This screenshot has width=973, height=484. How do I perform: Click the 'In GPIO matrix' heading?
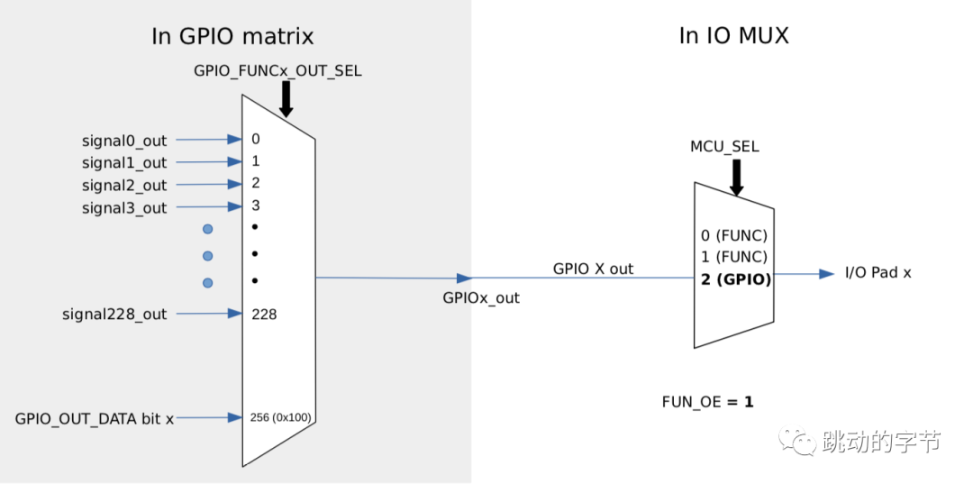(x=232, y=37)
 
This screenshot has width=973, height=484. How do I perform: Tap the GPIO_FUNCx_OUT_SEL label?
(x=277, y=69)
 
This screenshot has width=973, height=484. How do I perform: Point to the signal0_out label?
(x=124, y=141)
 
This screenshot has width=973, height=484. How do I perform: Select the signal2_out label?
(x=124, y=185)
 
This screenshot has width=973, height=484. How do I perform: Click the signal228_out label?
(x=114, y=315)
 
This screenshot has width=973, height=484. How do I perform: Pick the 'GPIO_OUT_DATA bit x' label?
(x=94, y=419)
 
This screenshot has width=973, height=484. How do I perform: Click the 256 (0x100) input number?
(x=281, y=418)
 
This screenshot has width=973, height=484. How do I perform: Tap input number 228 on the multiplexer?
(x=265, y=315)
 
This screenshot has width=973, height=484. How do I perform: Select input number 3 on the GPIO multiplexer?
(x=256, y=205)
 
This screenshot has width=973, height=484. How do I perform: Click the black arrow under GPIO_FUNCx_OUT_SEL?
(x=286, y=98)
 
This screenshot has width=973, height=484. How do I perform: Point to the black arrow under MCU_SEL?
(x=736, y=177)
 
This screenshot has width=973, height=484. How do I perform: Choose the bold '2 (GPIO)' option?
(x=736, y=279)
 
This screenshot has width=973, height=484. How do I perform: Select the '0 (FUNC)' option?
(x=734, y=236)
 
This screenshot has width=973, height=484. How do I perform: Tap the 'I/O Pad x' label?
(x=878, y=272)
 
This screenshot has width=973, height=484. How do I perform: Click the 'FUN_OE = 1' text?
(x=707, y=402)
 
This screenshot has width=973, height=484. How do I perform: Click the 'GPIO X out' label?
(x=593, y=269)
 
